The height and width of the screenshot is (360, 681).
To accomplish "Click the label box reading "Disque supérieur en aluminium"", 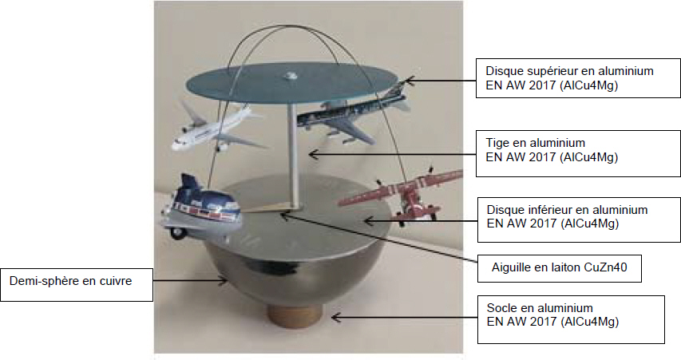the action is coord(578,78).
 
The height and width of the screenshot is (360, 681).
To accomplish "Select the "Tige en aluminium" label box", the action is coord(578,153).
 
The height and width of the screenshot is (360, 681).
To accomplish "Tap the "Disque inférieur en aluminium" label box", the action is coord(579,220).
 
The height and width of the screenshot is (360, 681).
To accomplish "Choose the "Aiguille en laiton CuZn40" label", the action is coord(560,268).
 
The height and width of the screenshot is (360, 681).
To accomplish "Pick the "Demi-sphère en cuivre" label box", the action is coord(77,284).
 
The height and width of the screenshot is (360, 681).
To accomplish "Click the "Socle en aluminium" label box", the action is coord(571,319).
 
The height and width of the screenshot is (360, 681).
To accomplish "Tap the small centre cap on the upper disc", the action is coord(289,77).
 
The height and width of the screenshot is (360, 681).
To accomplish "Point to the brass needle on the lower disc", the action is coord(265,208).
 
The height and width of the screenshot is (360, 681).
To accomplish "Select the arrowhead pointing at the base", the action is coord(336,318).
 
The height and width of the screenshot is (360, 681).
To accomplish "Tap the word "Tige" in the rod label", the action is coord(497,143).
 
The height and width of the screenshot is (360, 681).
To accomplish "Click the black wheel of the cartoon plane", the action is coord(177,233).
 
